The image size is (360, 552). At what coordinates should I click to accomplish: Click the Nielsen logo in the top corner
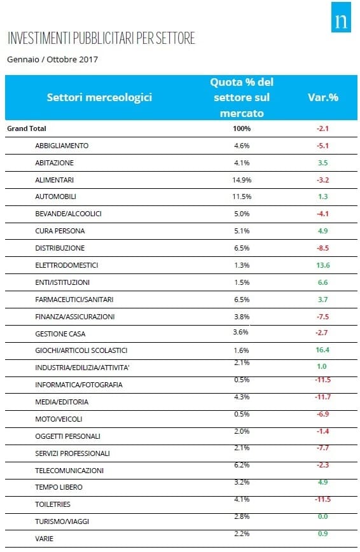[341, 17]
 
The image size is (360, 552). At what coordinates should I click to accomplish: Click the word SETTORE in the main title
[176, 38]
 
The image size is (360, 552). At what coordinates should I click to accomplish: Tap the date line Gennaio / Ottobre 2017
[53, 60]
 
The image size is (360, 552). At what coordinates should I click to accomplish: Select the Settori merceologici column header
[99, 97]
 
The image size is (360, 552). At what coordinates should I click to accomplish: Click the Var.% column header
[323, 97]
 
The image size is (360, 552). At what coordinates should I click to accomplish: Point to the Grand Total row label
[27, 128]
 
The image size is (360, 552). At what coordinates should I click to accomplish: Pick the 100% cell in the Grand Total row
[242, 128]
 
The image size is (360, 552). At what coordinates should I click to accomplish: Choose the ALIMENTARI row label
[54, 180]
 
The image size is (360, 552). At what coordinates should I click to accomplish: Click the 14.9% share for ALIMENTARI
[242, 180]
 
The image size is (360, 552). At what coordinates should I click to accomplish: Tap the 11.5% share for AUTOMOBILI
[242, 197]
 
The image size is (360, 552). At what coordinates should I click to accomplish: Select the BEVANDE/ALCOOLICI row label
[68, 214]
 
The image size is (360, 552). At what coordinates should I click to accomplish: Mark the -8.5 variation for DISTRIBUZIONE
[322, 248]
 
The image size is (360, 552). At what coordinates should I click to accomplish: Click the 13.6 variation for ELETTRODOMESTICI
[323, 265]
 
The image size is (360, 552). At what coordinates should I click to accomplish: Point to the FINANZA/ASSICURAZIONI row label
[74, 317]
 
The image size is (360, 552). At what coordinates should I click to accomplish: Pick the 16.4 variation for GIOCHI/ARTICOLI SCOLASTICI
[322, 350]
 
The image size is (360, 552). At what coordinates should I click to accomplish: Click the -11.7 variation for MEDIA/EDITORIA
[322, 397]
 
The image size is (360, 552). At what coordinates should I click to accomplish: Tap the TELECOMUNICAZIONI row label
[69, 471]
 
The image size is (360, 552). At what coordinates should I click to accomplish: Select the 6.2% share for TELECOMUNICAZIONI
[242, 465]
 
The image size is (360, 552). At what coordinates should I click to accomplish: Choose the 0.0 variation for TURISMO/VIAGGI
[322, 516]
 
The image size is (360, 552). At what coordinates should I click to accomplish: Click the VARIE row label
[44, 539]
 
